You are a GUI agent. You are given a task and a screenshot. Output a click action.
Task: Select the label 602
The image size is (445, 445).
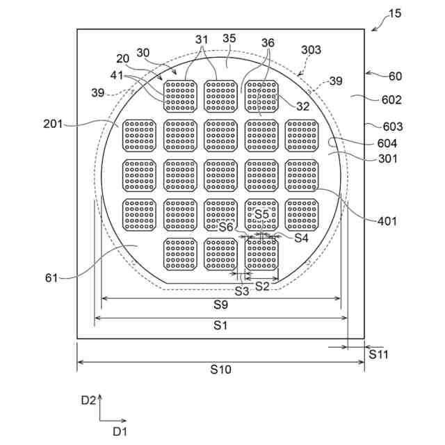pos(391,99)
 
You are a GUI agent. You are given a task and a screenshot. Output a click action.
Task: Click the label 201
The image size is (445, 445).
pos(53,124)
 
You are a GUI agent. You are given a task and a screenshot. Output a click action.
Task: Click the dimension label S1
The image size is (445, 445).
pos(220,325)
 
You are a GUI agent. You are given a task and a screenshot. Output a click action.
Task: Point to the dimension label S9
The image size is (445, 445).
pos(220,305)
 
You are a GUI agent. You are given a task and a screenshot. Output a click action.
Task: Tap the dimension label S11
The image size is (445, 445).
pos(379,354)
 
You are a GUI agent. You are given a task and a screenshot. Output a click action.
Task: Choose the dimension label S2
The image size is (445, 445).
pos(262,286)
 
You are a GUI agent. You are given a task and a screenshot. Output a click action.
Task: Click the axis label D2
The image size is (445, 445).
pos(88,400)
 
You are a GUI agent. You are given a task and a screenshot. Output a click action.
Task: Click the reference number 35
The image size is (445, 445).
pos(229,39)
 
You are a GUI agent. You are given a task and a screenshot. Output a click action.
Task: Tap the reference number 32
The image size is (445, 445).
pos(302,106)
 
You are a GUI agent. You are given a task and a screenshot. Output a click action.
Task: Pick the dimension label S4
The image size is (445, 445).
pos(300,238)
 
